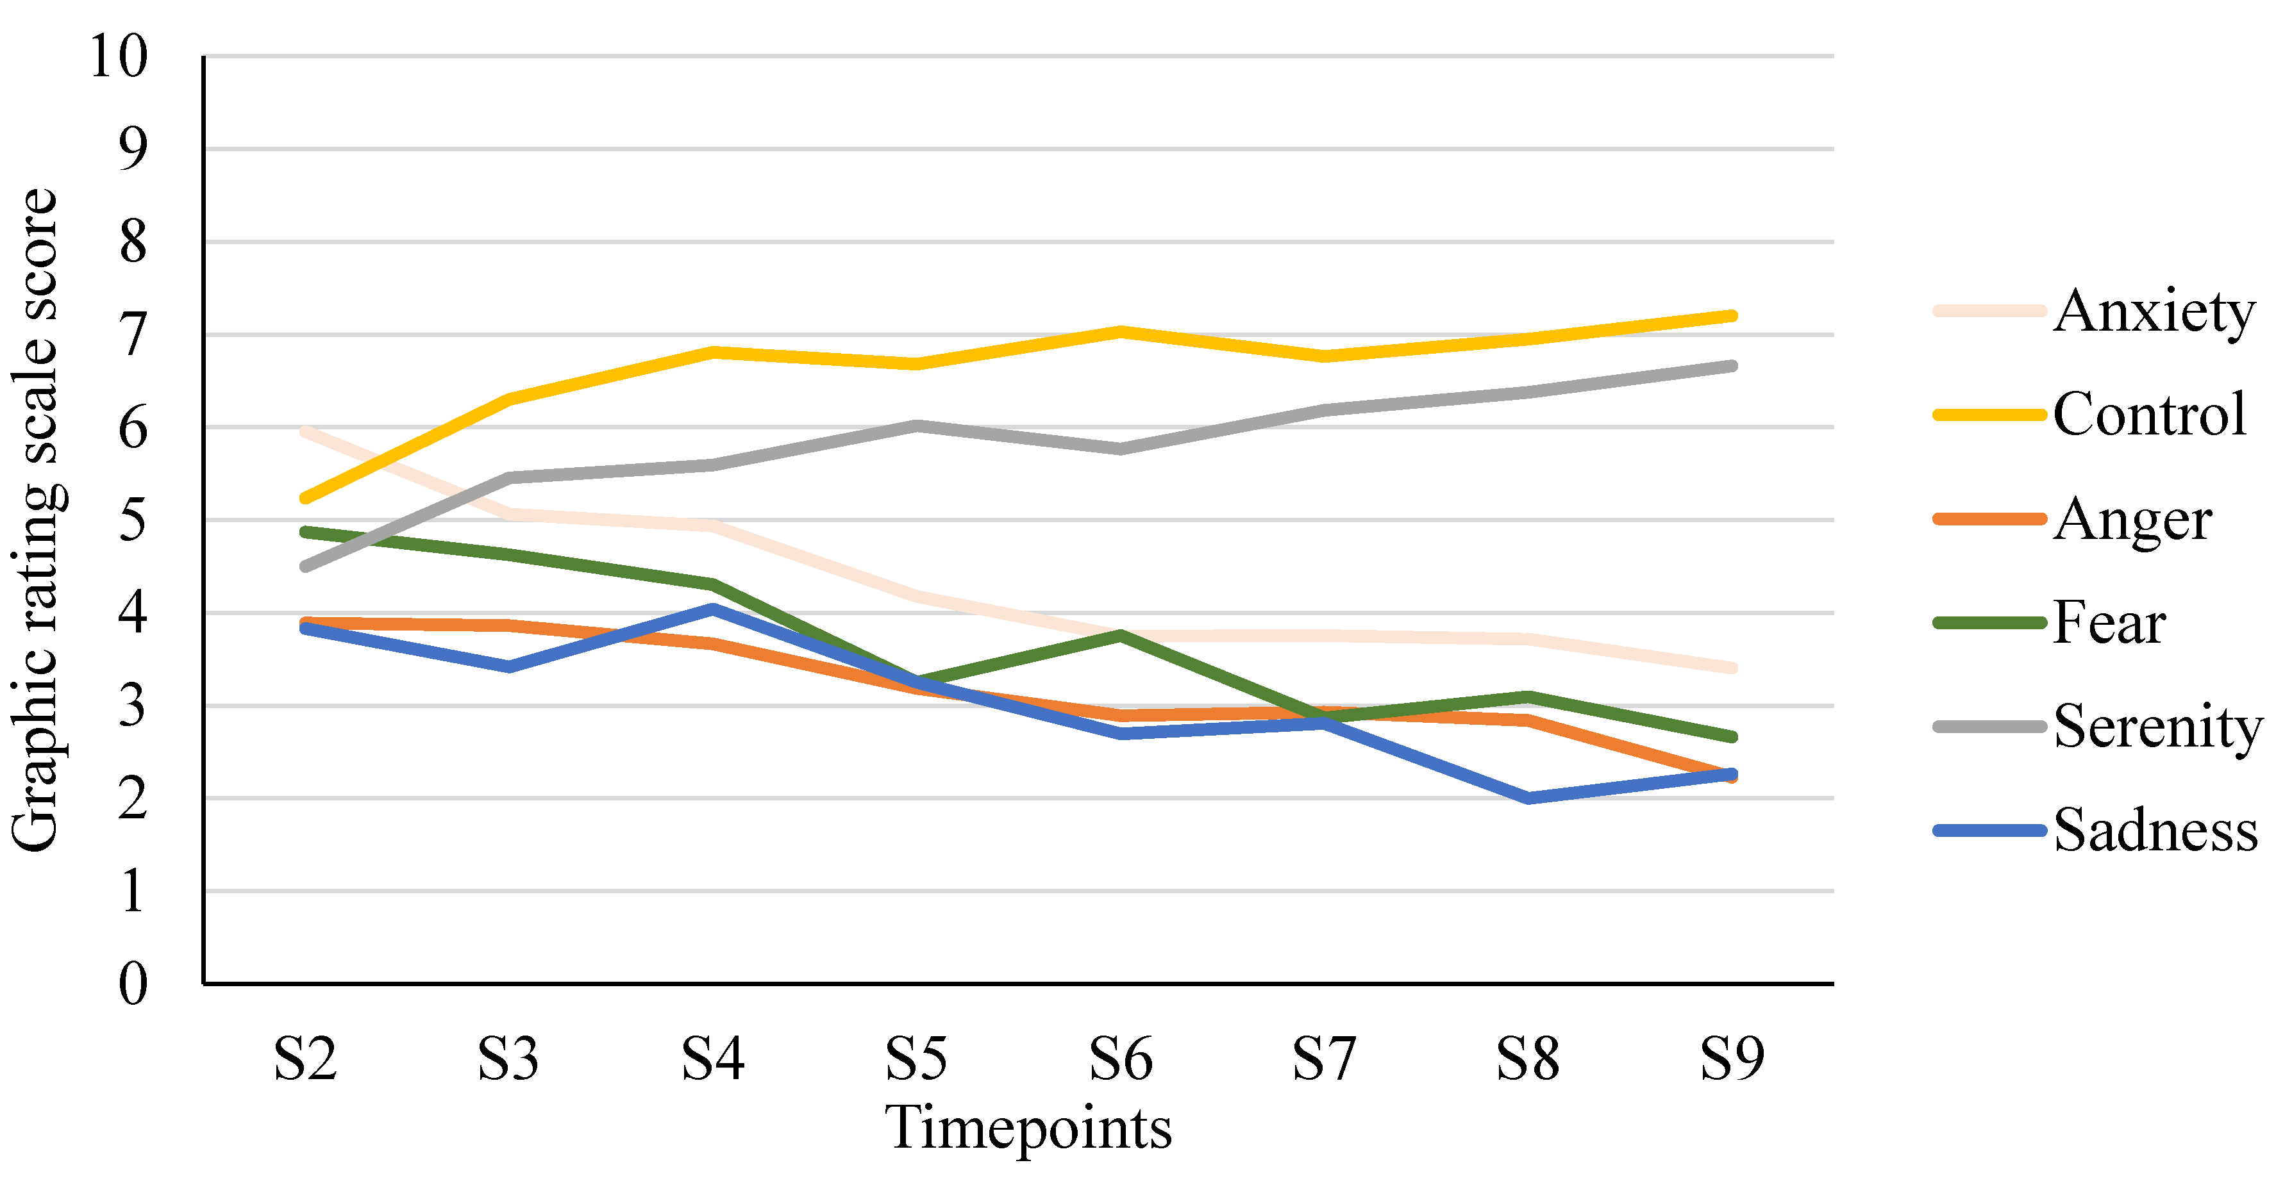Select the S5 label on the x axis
point(916,1058)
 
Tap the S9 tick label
point(1732,1058)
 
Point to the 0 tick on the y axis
point(133,983)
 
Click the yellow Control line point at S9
point(1732,315)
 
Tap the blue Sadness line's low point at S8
point(1528,798)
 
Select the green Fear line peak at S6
point(1119,634)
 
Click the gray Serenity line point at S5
point(917,425)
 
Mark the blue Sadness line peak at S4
point(712,607)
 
